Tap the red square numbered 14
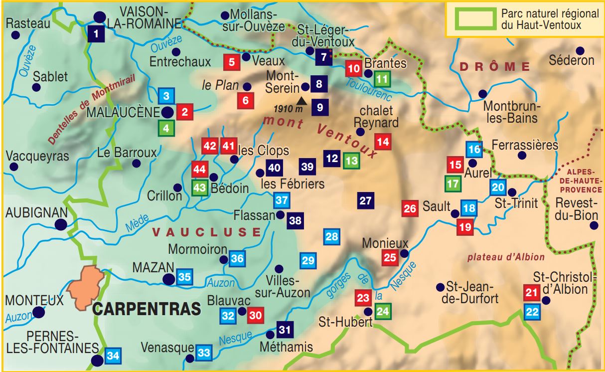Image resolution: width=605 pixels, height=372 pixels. [x=383, y=142]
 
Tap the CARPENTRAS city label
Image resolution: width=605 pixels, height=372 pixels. [x=147, y=309]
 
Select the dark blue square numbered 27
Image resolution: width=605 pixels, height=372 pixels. [x=366, y=201]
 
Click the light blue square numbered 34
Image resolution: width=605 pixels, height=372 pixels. [x=113, y=356]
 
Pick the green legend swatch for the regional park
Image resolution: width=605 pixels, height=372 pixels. [x=474, y=19]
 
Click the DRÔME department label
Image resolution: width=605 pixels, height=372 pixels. [x=495, y=66]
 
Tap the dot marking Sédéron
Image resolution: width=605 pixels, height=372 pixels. [x=580, y=50]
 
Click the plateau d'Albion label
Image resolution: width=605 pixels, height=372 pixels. [x=506, y=257]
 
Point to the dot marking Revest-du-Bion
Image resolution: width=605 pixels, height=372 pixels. [x=594, y=225]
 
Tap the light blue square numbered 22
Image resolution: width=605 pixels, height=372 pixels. [x=532, y=312]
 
